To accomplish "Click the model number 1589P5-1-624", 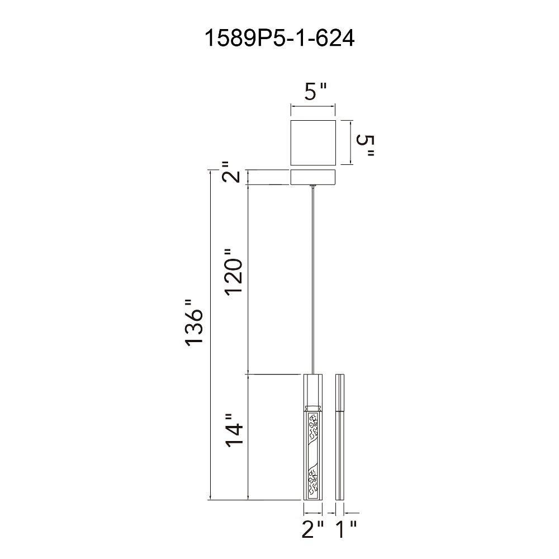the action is pos(279,38).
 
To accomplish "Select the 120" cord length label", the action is pos(234,271).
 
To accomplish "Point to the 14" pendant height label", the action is pos(234,430).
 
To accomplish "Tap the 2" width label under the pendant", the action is pos(313,529).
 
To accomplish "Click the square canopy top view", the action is pos(314,143).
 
